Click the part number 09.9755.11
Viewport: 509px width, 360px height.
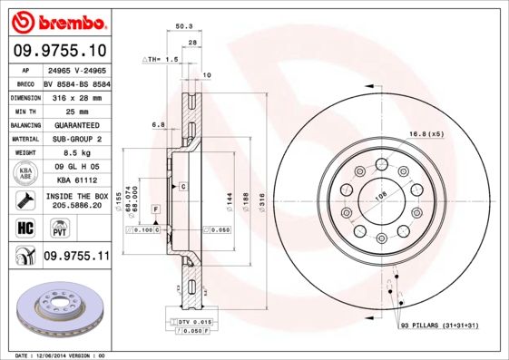pyautogui.click(x=76, y=257)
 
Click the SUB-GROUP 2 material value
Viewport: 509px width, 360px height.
pyautogui.click(x=73, y=139)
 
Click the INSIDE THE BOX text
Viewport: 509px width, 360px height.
pyautogui.click(x=75, y=196)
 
